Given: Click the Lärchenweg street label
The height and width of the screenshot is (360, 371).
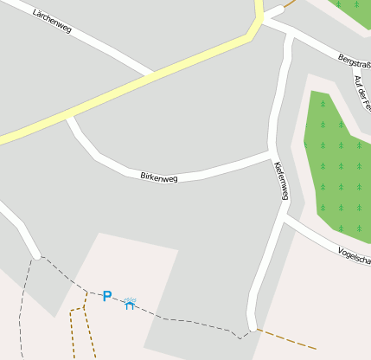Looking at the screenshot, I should coord(52,22).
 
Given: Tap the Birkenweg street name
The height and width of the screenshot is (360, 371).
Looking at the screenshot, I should coord(158,177).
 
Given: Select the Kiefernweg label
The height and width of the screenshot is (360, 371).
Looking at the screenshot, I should coord(280,181).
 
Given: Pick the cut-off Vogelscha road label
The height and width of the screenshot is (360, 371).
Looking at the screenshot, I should coord(355,256).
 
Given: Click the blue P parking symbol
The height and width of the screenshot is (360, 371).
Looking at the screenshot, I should coord(107,297).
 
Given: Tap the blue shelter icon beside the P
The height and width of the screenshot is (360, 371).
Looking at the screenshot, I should coord(130,304).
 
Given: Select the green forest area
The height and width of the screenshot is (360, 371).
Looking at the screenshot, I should coord(337,164).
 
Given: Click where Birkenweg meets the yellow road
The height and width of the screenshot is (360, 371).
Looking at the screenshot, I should coord(67,114).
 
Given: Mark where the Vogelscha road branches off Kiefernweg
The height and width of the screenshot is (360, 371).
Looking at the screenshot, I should coord(284,217).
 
